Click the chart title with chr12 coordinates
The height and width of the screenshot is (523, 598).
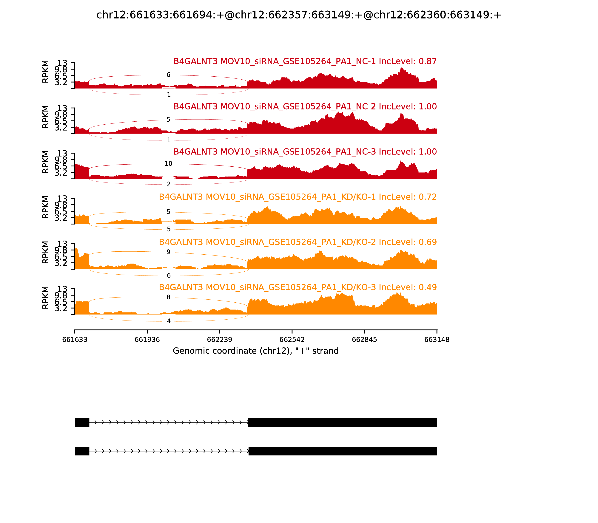click(x=299, y=15)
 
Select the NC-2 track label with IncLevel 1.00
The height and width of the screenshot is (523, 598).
click(x=305, y=106)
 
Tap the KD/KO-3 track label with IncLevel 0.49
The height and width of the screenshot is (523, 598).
click(x=298, y=287)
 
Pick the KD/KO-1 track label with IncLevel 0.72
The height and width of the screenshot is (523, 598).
click(x=298, y=197)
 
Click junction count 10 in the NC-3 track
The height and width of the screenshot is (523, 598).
click(x=169, y=164)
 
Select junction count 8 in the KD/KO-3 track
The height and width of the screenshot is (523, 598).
click(x=169, y=297)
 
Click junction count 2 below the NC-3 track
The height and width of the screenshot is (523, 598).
click(x=169, y=184)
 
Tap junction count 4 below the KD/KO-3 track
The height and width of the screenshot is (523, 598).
click(x=169, y=321)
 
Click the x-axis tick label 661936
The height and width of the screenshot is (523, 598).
click(x=147, y=340)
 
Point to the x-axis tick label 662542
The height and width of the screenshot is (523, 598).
click(x=292, y=340)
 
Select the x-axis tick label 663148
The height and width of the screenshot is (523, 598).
click(x=437, y=340)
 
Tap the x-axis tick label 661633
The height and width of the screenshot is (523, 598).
click(x=75, y=340)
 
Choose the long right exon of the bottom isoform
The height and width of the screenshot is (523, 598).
click(x=343, y=451)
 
